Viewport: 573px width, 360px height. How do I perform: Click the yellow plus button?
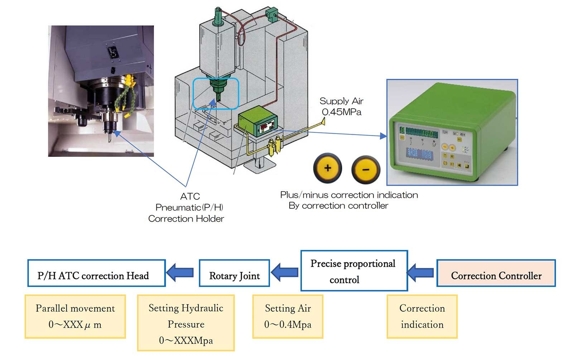pos(327,168)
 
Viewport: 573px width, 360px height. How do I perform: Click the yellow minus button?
pos(366,169)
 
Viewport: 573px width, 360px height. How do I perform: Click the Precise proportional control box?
pos(354,271)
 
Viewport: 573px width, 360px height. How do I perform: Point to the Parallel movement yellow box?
pos(75,316)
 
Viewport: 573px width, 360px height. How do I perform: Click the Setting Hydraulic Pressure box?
pos(186,323)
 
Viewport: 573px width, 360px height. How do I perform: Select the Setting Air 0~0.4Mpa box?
pos(288,316)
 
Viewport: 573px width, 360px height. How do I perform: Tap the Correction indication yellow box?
pos(422,316)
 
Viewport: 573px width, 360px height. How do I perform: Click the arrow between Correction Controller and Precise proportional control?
pos(421,272)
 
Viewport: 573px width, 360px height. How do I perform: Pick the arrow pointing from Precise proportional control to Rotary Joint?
pos(284,272)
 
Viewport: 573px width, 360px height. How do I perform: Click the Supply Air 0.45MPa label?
pos(341,106)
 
